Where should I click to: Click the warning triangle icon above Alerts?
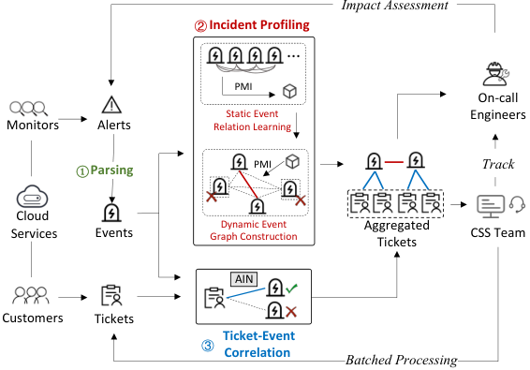pyautogui.click(x=111, y=105)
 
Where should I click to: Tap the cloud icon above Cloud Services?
pyautogui.click(x=32, y=196)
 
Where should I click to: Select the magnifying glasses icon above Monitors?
pyautogui.click(x=28, y=109)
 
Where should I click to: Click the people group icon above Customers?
pyautogui.click(x=31, y=296)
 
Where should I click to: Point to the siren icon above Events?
pyautogui.click(x=111, y=212)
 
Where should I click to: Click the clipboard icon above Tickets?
pyautogui.click(x=110, y=296)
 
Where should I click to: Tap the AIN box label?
pyautogui.click(x=243, y=279)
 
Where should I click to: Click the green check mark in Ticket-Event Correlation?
pyautogui.click(x=291, y=289)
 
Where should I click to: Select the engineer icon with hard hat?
pyautogui.click(x=495, y=74)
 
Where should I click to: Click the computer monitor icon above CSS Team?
pyautogui.click(x=491, y=206)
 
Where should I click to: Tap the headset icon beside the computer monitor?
pyautogui.click(x=517, y=205)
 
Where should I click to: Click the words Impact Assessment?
pyautogui.click(x=395, y=6)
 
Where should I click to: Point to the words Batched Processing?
pyautogui.click(x=402, y=360)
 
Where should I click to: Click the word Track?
pyautogui.click(x=498, y=164)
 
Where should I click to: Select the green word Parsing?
pyautogui.click(x=111, y=170)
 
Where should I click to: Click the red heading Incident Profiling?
pyautogui.click(x=259, y=24)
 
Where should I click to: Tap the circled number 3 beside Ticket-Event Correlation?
pyautogui.click(x=208, y=346)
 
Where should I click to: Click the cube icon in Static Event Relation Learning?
pyautogui.click(x=289, y=91)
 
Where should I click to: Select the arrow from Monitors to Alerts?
pyautogui.click(x=73, y=119)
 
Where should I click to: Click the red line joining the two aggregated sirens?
pyautogui.click(x=394, y=162)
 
